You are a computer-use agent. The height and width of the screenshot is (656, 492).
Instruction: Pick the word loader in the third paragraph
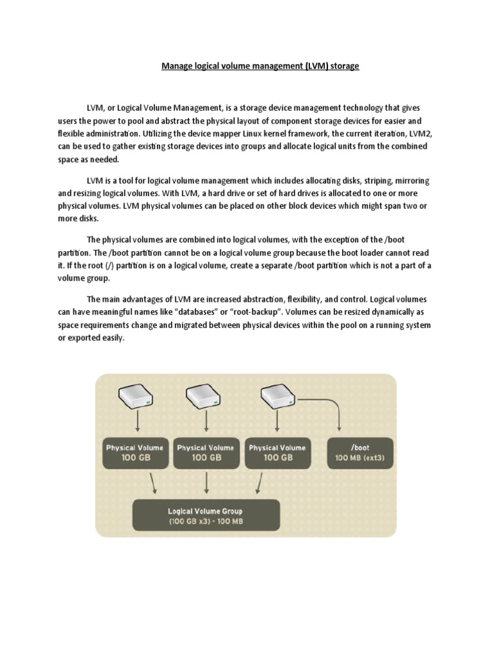click(x=370, y=253)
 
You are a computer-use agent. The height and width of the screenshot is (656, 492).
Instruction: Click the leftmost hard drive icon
click(x=135, y=398)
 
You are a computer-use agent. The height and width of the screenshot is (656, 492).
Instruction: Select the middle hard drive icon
click(x=206, y=398)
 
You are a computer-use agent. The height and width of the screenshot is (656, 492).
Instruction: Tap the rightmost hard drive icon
click(x=277, y=398)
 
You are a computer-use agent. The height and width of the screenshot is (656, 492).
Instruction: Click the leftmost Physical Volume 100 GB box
click(x=135, y=452)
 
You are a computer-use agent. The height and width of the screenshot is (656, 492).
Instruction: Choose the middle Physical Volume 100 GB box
click(x=206, y=452)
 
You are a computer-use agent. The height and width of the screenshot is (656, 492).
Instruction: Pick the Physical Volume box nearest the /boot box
click(x=277, y=452)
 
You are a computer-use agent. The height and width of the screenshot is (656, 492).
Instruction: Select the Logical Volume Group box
click(x=206, y=516)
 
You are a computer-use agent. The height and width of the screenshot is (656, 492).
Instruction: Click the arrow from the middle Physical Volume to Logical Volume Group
click(x=206, y=484)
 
